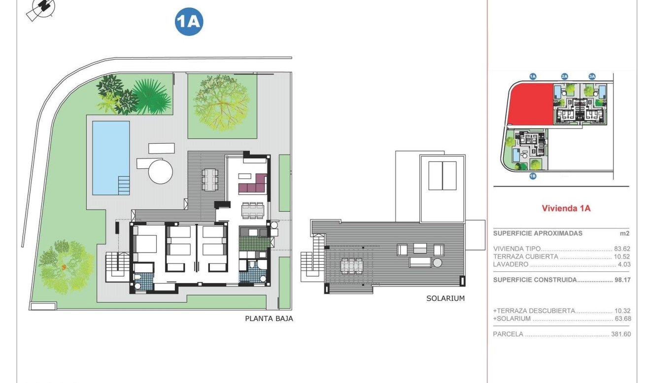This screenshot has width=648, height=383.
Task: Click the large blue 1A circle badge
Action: [189, 22]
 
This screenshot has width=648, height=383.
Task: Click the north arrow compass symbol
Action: [41, 9]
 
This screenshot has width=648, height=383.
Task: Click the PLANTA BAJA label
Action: [269, 319]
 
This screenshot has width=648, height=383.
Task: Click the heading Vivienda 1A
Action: [566, 208]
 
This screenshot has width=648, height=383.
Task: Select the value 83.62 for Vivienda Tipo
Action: [622, 249]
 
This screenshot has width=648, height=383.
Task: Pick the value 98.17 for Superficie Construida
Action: [622, 280]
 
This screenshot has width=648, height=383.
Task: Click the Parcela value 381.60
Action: [620, 334]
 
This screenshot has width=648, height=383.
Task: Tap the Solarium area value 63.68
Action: [622, 319]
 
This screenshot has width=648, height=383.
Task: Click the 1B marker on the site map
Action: [533, 176]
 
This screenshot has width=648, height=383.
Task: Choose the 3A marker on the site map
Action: [592, 76]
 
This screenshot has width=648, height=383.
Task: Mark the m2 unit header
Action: [624, 233]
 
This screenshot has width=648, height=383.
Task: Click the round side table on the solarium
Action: [437, 263]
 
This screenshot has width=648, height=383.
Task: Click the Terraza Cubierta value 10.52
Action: [622, 257]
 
